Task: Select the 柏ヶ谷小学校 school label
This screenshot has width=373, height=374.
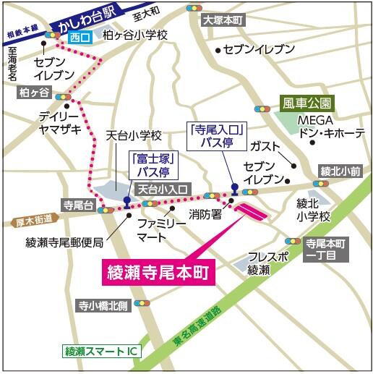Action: click(x=136, y=35)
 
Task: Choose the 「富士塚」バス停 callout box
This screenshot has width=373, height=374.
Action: click(x=148, y=166)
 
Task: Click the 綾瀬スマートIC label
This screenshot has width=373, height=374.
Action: click(x=103, y=352)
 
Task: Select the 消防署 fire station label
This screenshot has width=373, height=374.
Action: click(x=205, y=214)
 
